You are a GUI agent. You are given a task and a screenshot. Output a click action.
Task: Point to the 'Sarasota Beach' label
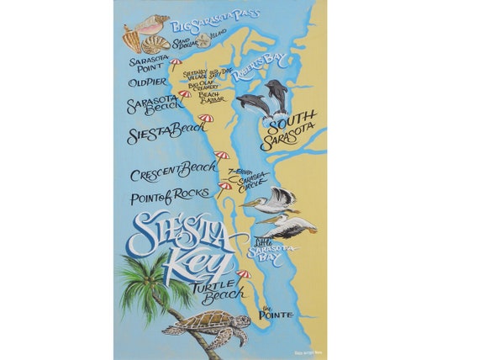tap(152, 106)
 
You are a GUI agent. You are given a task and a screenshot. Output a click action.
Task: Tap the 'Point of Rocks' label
tap(168, 199)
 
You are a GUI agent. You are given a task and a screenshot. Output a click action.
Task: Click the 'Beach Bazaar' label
tap(212, 98)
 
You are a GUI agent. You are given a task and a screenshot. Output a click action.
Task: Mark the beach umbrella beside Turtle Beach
tap(244, 274)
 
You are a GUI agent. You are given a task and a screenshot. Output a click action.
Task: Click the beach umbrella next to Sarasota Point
tap(176, 62)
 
